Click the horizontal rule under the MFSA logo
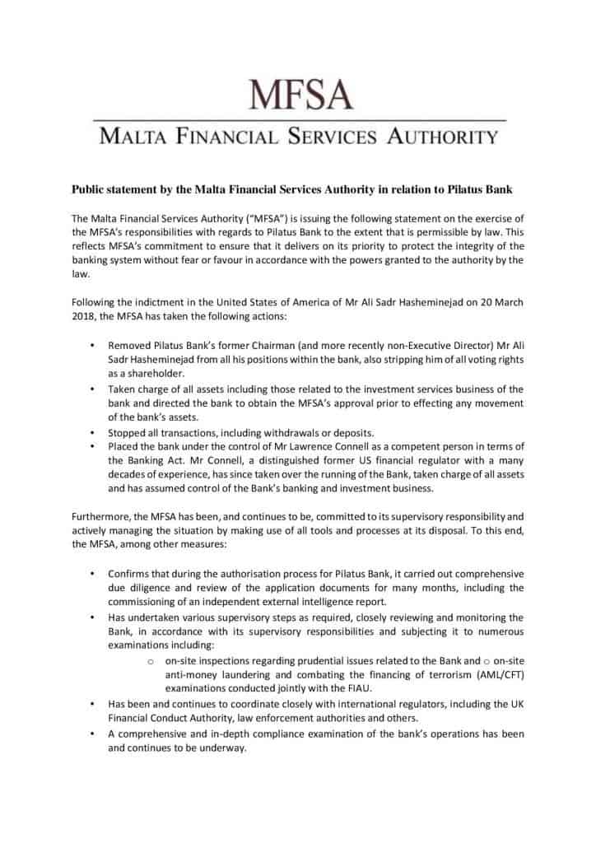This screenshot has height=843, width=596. [x=298, y=121]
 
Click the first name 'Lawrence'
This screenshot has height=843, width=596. [x=286, y=446]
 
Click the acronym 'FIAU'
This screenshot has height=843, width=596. [x=341, y=687]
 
